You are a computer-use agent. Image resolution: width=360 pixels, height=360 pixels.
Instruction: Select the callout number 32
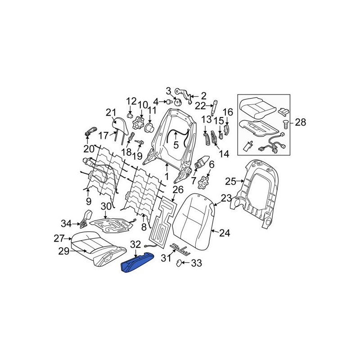tap(135, 245)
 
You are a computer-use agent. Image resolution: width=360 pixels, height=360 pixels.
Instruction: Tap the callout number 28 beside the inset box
tap(300, 122)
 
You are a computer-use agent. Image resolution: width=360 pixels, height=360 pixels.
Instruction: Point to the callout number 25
tap(230, 181)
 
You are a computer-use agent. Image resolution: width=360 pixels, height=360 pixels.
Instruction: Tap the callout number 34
tap(67, 223)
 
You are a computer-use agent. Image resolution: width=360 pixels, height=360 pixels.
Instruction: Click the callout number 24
tap(225, 233)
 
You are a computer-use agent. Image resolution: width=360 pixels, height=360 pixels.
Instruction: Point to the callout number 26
tap(166, 189)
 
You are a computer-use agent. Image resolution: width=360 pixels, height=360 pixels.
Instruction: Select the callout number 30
tap(105, 207)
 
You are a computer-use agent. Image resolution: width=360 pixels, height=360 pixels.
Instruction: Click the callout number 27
tap(60, 238)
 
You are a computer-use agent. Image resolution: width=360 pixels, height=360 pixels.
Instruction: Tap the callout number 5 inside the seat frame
tap(176, 144)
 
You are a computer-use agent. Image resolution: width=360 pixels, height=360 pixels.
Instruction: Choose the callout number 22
tap(200, 106)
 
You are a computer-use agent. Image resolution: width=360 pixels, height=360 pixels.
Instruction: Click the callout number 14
tap(224, 154)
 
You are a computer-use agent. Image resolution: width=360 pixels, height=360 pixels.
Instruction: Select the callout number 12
tap(131, 101)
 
